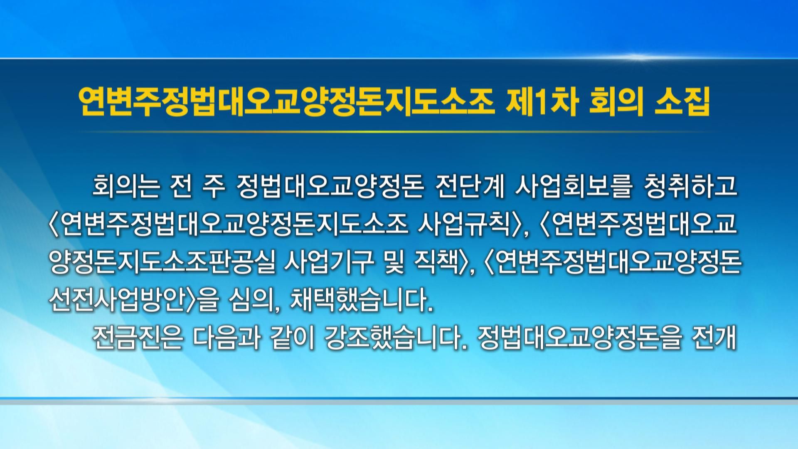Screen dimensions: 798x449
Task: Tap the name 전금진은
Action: (138, 339)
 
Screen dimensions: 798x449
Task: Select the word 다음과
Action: (227, 339)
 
